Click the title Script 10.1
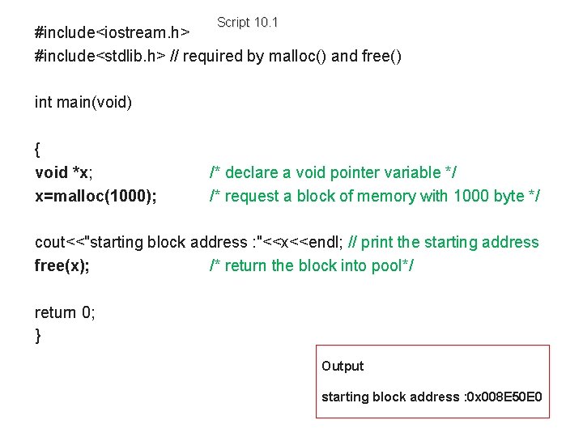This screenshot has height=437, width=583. pyautogui.click(x=247, y=23)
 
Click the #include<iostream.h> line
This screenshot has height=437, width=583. pyautogui.click(x=113, y=33)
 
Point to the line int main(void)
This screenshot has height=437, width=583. pyautogui.click(x=83, y=103)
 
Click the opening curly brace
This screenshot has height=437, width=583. pyautogui.click(x=38, y=150)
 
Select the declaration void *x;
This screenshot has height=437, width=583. pyautogui.click(x=64, y=172)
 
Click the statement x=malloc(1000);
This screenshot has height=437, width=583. pyautogui.click(x=96, y=196)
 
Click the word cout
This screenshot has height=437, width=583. pyautogui.click(x=49, y=242)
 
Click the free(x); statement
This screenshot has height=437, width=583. pyautogui.click(x=62, y=265)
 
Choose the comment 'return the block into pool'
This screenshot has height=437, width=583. pyautogui.click(x=312, y=265)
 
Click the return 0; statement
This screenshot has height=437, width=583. pyautogui.click(x=65, y=312)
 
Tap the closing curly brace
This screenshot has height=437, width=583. pyautogui.click(x=38, y=336)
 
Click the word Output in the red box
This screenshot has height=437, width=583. pyautogui.click(x=343, y=366)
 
